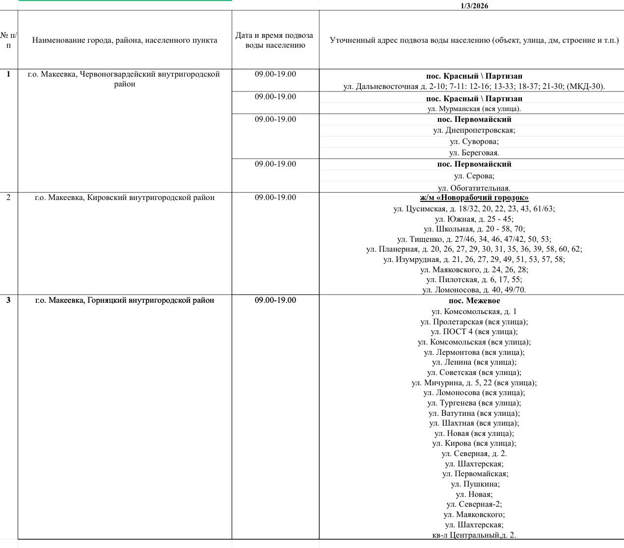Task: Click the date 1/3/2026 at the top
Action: click(474, 6)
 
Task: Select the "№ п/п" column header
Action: click(8, 40)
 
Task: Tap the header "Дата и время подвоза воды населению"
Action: click(275, 40)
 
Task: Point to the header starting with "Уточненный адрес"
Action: click(474, 40)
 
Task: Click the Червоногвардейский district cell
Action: click(124, 79)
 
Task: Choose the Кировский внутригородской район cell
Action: click(124, 198)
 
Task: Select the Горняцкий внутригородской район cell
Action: click(124, 300)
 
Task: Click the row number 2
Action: click(8, 198)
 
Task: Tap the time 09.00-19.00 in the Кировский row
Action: click(275, 198)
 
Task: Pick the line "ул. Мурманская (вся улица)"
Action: click(474, 109)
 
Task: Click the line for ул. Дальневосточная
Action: click(474, 87)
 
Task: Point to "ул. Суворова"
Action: click(474, 142)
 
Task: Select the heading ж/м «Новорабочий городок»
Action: click(474, 198)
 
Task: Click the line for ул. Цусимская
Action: click(474, 208)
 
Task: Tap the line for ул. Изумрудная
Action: click(474, 259)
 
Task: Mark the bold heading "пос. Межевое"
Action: click(474, 301)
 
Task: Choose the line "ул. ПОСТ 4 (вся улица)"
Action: click(474, 332)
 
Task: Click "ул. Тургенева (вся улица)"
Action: click(474, 403)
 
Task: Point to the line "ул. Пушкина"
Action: click(474, 484)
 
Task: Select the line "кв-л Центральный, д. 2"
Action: click(474, 535)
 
